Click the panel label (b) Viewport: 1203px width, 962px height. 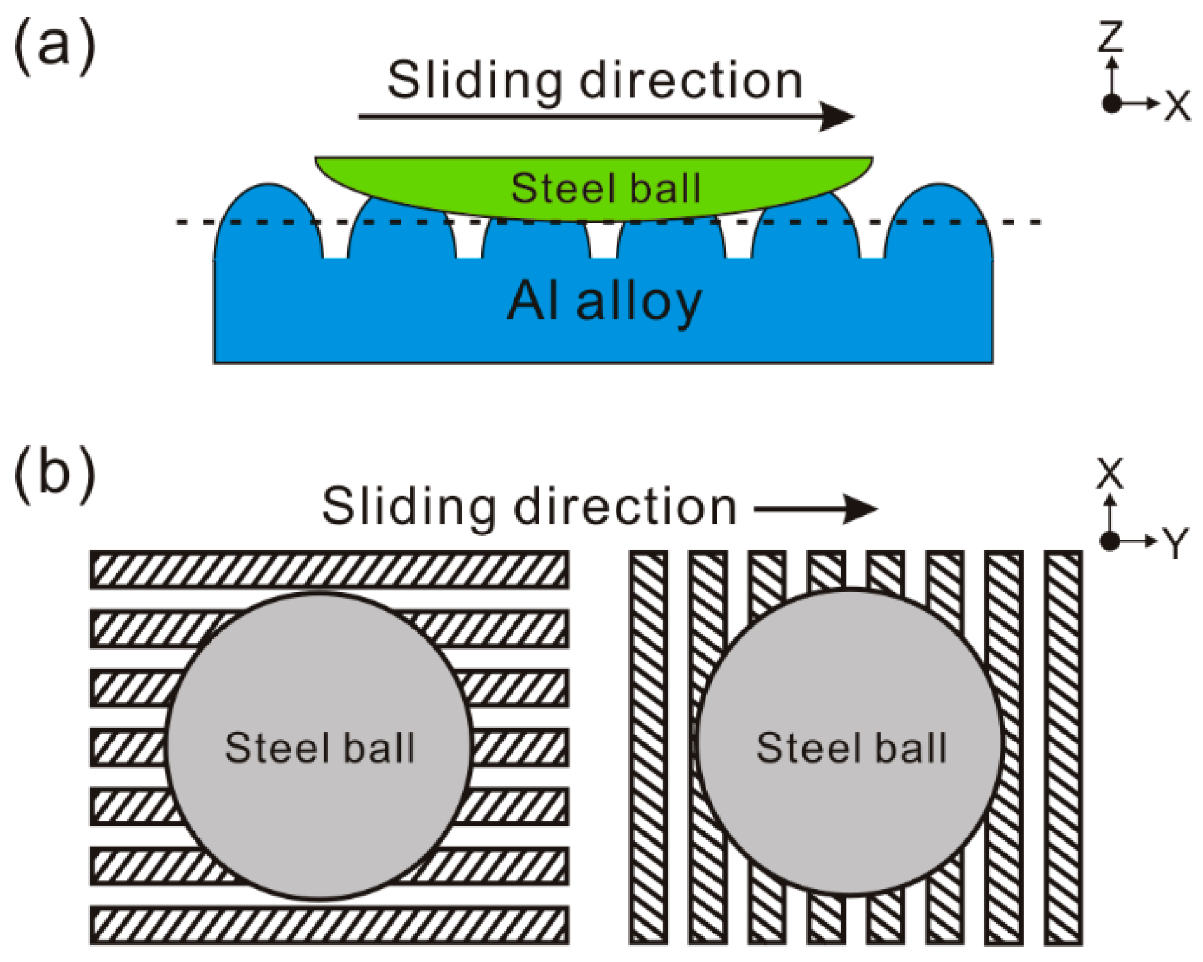(54, 474)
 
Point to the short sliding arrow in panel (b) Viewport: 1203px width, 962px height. (816, 509)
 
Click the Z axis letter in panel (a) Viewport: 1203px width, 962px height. (1111, 36)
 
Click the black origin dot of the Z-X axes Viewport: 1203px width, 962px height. (1112, 103)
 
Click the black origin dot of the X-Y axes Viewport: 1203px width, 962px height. (1110, 541)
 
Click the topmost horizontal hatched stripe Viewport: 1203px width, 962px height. (329, 570)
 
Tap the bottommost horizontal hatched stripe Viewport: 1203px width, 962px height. (329, 925)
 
